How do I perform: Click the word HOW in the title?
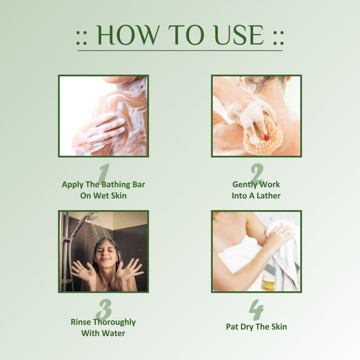[128, 35]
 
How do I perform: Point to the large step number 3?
[104, 309]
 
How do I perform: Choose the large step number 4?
[256, 309]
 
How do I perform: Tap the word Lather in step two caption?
[268, 195]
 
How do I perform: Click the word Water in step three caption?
[114, 333]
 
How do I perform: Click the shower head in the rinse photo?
[92, 216]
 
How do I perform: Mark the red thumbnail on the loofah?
[266, 137]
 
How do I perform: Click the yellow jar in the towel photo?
[269, 283]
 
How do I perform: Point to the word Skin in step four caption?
[279, 326]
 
